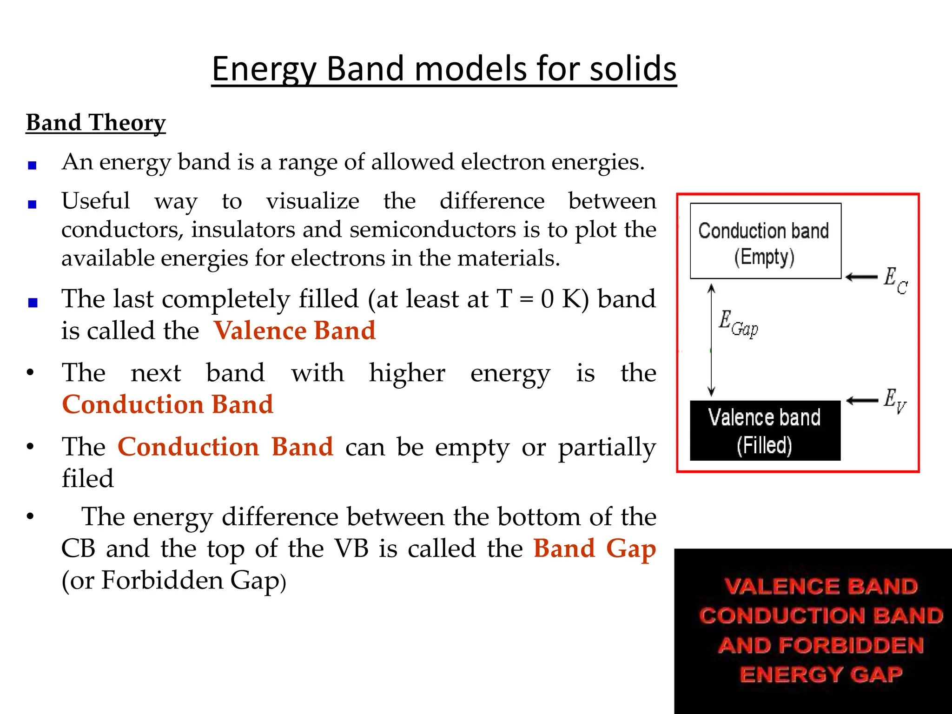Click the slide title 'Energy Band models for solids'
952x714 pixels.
coord(444,69)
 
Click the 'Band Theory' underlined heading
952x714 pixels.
coord(96,123)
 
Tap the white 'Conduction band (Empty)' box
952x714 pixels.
coord(765,241)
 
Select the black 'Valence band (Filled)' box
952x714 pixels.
coord(765,430)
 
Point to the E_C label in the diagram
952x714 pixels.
coord(895,280)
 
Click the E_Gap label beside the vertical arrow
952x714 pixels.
coord(738,323)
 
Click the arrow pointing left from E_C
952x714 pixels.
coord(861,278)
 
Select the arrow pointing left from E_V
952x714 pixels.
coord(862,401)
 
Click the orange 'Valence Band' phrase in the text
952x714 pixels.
coord(295,331)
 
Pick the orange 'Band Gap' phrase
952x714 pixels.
coord(595,549)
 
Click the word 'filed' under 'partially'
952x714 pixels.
coord(88,478)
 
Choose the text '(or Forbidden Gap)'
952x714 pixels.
coord(174,581)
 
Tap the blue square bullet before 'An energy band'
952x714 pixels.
coord(32,165)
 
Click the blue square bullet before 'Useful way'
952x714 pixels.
coord(32,204)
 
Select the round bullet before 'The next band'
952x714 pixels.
coord(31,373)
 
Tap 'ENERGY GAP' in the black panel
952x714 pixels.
coord(821,674)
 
